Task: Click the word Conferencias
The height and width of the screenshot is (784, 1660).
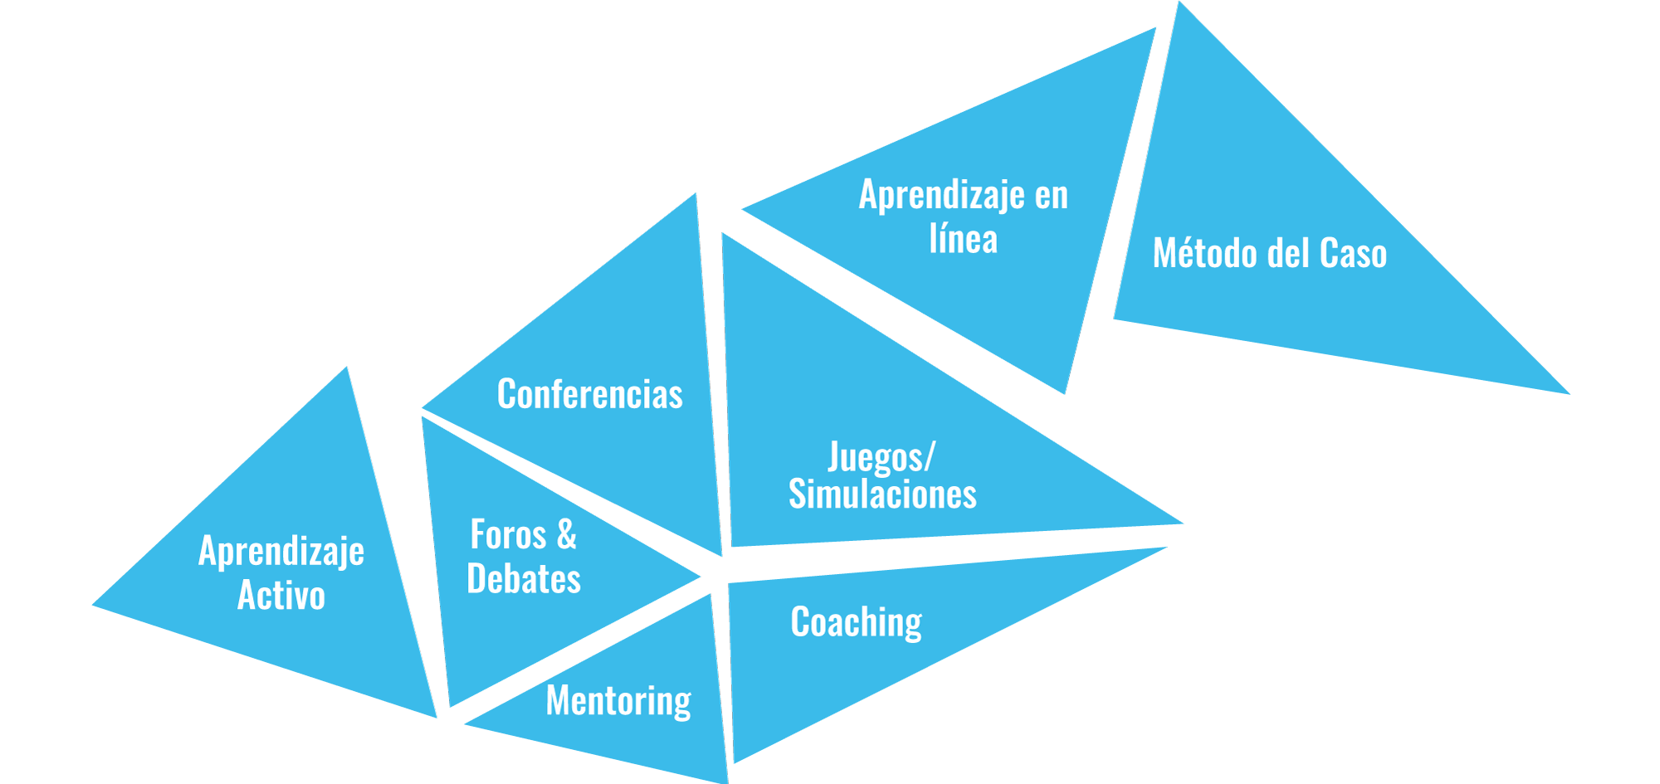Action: coord(589,394)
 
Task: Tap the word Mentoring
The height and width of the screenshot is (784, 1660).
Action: coord(618,701)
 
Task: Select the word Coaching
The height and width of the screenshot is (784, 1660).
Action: coord(856,622)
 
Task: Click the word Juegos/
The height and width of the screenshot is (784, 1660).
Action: coord(881,457)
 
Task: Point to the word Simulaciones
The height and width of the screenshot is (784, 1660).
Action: coord(882,494)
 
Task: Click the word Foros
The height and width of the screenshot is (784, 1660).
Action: coord(508,534)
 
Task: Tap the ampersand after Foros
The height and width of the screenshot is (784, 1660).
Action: coord(567,534)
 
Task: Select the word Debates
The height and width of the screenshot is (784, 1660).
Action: coord(524,578)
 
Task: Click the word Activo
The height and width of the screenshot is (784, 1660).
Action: coord(281,595)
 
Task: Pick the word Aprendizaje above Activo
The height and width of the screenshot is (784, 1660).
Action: coord(281,551)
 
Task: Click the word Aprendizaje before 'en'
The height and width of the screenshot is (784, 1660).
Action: coord(941,196)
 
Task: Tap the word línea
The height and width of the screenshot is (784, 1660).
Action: coord(963,239)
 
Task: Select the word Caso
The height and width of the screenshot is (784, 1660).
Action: coord(1353,253)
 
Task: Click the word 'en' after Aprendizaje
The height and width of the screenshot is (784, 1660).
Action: coord(1051,196)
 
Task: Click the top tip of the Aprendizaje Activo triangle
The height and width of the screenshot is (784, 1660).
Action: coord(345,370)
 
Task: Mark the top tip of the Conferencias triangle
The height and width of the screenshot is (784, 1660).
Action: coord(695,196)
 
